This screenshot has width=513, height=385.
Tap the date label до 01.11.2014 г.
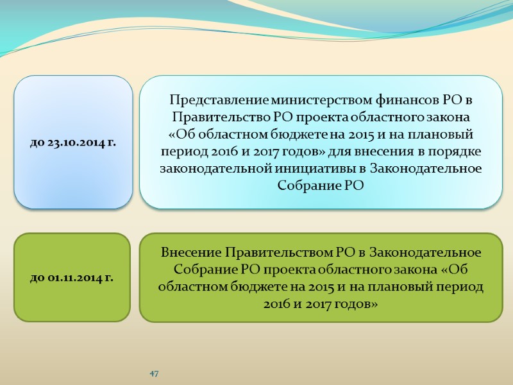[72, 278]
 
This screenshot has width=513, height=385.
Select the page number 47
[154, 373]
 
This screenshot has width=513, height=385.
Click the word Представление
[219, 101]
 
